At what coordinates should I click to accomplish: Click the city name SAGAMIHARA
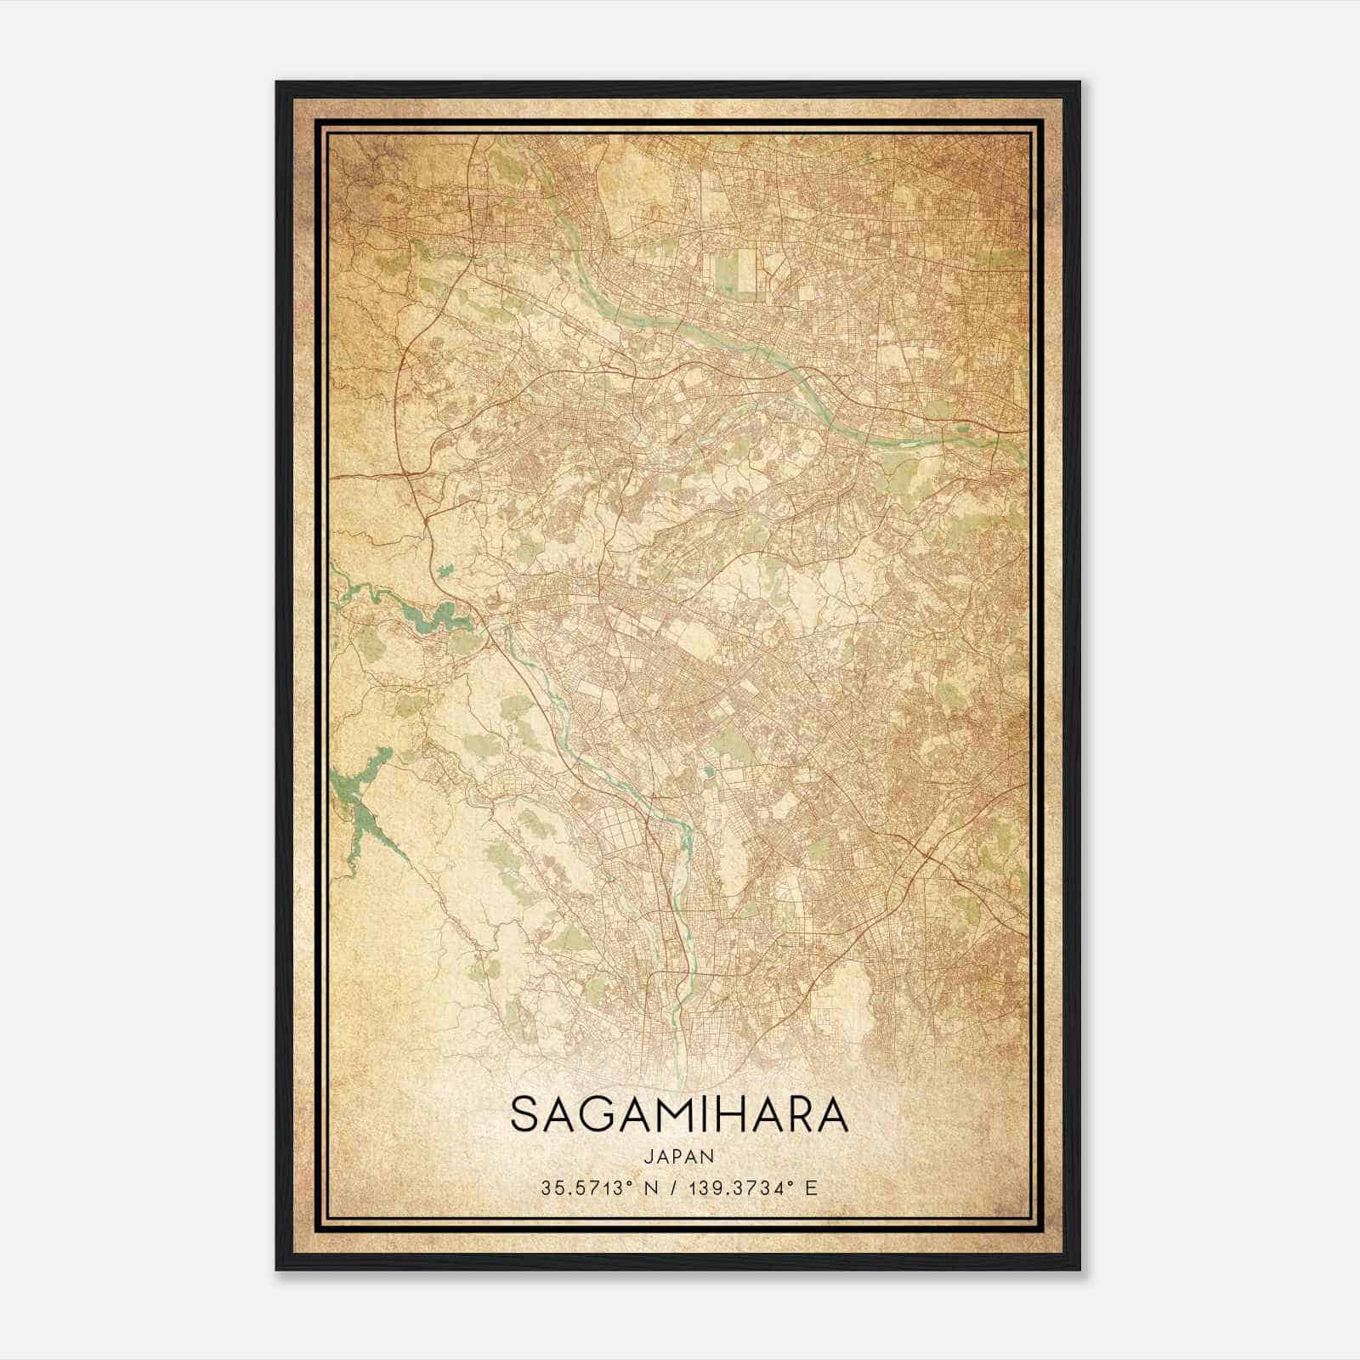(x=679, y=1116)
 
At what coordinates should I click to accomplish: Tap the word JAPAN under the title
(x=679, y=1156)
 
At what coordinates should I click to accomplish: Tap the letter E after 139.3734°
(x=811, y=1188)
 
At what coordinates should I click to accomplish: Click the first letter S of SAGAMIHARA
(x=524, y=1116)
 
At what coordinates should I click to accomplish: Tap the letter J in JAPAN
(x=648, y=1156)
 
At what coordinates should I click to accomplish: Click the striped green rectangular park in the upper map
(x=736, y=269)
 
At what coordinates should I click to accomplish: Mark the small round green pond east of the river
(x=707, y=773)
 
